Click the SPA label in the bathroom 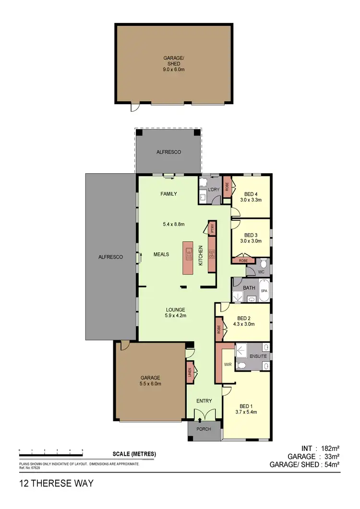coord(264,291)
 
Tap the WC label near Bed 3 coord(261,272)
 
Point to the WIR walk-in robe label coord(228,365)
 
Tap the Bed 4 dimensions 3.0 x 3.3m coord(251,200)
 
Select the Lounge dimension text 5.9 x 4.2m coord(176,315)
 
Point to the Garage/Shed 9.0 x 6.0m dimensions coord(174,70)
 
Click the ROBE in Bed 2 coord(218,330)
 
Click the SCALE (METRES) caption coord(134,454)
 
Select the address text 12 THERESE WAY coord(56,483)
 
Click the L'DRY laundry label coord(213,189)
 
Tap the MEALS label coord(161,254)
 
